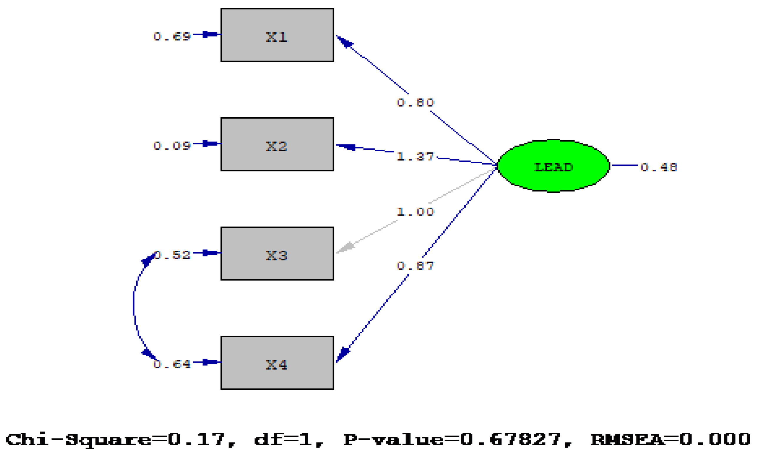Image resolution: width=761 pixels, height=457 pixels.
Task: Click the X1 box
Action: (277, 35)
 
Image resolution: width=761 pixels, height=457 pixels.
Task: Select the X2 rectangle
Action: (277, 144)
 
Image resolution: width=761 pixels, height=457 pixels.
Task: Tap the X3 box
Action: (277, 253)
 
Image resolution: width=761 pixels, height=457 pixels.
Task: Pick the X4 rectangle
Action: (277, 363)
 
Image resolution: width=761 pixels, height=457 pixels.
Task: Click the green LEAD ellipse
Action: (553, 166)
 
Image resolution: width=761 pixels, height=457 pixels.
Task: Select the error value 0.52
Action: (172, 255)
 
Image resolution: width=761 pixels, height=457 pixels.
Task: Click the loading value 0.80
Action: (415, 103)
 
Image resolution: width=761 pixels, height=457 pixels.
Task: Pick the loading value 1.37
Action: (415, 157)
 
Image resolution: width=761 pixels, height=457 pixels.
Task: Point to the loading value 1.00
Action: (415, 212)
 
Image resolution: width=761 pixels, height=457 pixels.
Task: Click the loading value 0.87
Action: (415, 266)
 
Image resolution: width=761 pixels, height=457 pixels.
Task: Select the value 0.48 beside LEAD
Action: (658, 167)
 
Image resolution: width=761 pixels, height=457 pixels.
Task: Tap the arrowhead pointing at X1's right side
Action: (343, 41)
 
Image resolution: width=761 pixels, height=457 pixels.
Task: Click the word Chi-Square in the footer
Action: (78, 439)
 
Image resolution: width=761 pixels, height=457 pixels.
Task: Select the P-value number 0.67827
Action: (511, 439)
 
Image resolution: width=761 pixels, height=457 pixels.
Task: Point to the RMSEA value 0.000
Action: (715, 439)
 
